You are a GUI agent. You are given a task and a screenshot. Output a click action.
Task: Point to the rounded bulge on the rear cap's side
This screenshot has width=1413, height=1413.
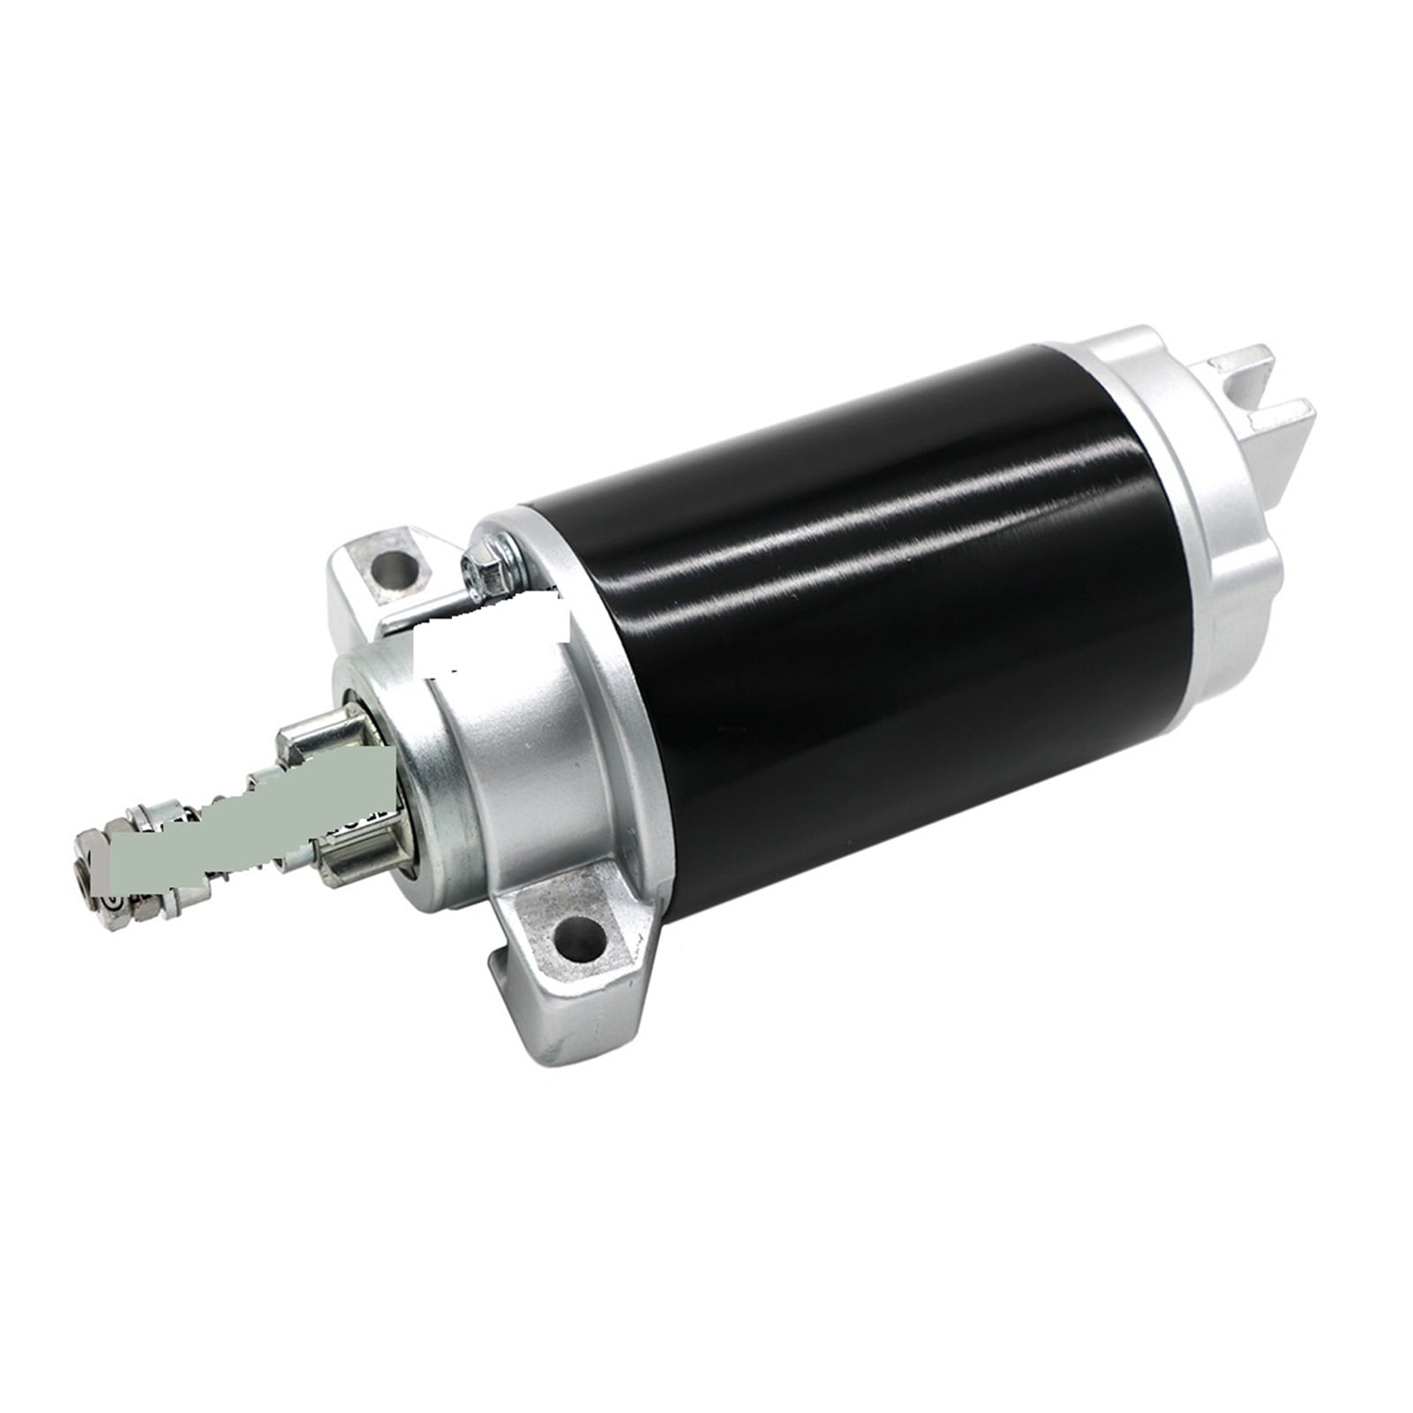(1244, 565)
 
